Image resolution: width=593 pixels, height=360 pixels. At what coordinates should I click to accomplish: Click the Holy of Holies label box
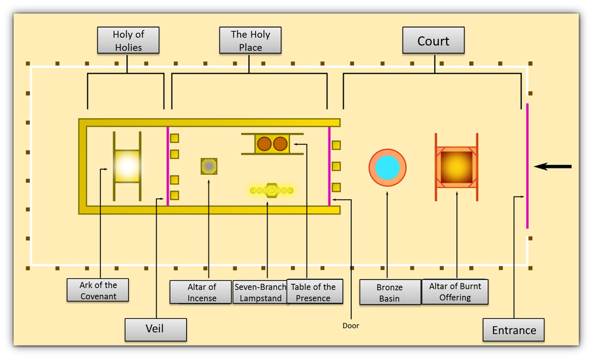point(128,40)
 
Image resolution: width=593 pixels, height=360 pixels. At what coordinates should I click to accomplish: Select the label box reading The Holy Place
point(250,40)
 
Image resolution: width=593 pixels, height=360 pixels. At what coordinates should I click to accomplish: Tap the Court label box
point(433,40)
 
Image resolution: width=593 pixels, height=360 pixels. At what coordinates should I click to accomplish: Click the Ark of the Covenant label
point(98,290)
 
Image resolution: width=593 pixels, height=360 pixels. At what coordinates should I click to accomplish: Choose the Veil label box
point(156,329)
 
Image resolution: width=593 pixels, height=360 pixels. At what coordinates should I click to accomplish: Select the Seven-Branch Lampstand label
point(260,292)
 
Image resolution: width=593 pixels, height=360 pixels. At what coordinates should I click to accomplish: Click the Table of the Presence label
point(314,292)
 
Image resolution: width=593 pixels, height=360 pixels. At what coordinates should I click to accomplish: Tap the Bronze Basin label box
point(390,292)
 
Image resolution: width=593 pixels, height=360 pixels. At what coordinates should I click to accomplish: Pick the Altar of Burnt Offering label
point(455,292)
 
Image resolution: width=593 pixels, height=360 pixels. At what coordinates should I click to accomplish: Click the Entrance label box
point(513,330)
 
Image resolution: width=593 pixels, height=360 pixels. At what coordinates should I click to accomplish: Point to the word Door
point(350,325)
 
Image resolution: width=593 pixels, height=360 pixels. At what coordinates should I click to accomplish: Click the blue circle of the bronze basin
point(387,168)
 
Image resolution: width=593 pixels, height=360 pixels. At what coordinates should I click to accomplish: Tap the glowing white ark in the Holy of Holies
point(127,166)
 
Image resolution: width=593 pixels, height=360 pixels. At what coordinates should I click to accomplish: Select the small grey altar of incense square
point(209,166)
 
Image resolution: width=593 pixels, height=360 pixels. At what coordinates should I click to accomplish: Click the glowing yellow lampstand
point(271,191)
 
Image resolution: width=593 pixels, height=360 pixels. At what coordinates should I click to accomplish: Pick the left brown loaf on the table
point(264,144)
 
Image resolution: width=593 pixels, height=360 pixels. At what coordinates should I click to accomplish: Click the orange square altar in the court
point(456,167)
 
